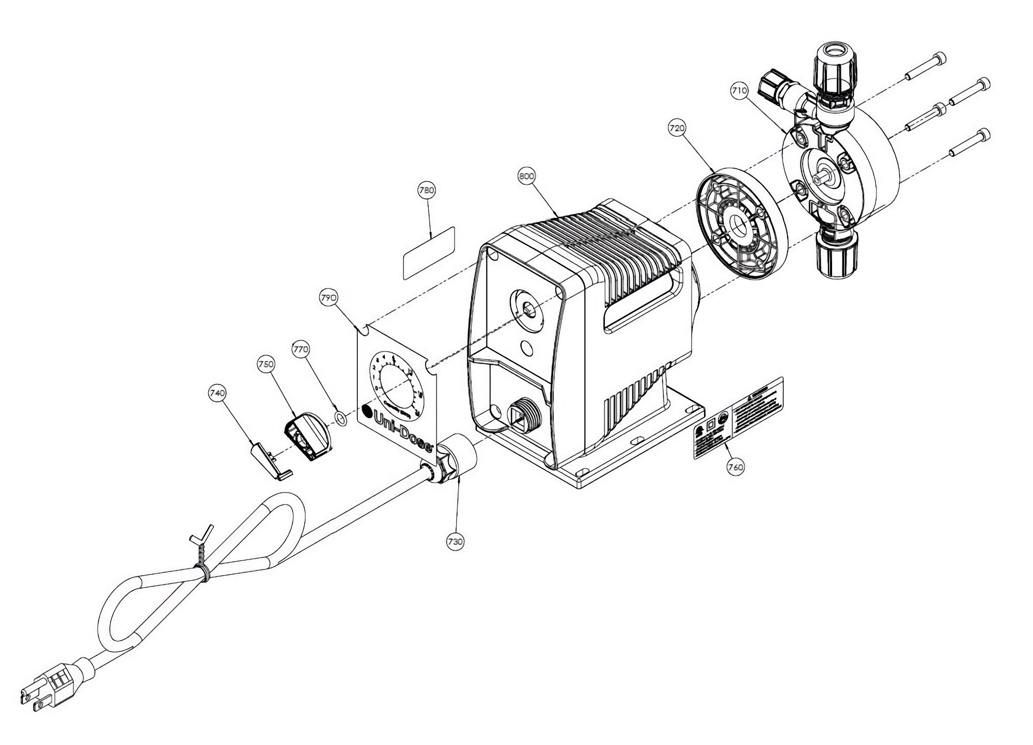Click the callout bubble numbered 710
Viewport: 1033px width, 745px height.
tap(739, 90)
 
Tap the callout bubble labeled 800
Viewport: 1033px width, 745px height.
tap(526, 176)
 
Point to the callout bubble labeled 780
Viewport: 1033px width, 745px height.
tap(427, 190)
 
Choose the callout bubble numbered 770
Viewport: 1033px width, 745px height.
tap(301, 350)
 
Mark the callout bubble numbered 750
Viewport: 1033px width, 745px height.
tap(265, 364)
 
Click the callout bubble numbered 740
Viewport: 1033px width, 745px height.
tap(217, 393)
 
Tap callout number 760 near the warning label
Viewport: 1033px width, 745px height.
tap(735, 467)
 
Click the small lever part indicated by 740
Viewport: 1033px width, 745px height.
tap(271, 461)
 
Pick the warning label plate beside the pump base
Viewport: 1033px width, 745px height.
tap(738, 418)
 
